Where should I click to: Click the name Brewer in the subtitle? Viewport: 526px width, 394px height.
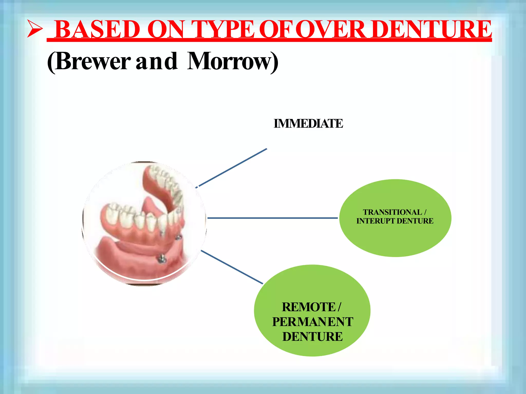pos(92,62)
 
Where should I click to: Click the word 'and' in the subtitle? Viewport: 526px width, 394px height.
pos(157,62)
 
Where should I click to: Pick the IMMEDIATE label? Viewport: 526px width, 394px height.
pos(308,124)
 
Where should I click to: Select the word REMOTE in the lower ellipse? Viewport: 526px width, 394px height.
pos(308,307)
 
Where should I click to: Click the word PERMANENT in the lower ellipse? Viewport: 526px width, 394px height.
pos(313,322)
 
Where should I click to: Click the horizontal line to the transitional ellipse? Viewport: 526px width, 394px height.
pos(272,218)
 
